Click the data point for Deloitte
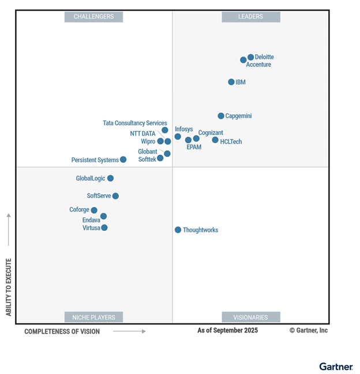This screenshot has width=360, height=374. pyautogui.click(x=251, y=57)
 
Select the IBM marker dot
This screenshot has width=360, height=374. pyautogui.click(x=231, y=82)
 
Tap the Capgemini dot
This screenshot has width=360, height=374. pyautogui.click(x=221, y=116)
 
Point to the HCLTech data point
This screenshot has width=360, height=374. pyautogui.click(x=215, y=140)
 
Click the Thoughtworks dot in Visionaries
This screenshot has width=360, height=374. pyautogui.click(x=178, y=230)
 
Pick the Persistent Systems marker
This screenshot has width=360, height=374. pyautogui.click(x=123, y=159)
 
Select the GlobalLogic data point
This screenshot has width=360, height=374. pyautogui.click(x=110, y=178)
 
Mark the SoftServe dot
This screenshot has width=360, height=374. pyautogui.click(x=115, y=196)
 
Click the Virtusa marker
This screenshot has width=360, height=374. pyautogui.click(x=104, y=227)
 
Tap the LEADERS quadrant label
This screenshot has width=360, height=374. pyautogui.click(x=251, y=17)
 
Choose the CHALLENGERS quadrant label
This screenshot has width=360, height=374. pyautogui.click(x=93, y=17)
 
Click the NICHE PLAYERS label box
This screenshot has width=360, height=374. pyautogui.click(x=93, y=317)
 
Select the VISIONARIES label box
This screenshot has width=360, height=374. pyautogui.click(x=251, y=317)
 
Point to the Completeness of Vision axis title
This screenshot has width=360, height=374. pyautogui.click(x=62, y=331)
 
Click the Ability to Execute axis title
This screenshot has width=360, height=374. pyautogui.click(x=9, y=287)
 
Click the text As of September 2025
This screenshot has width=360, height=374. pyautogui.click(x=228, y=331)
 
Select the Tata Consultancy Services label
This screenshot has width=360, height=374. pyautogui.click(x=135, y=123)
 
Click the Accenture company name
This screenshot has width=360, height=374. pyautogui.click(x=258, y=65)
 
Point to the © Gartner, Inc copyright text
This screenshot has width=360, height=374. pyautogui.click(x=309, y=331)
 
